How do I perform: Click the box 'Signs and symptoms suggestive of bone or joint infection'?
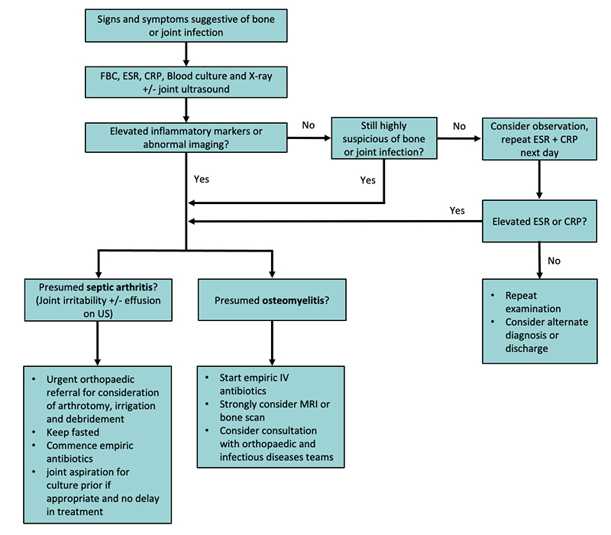(x=186, y=25)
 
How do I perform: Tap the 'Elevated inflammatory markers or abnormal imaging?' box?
(x=186, y=138)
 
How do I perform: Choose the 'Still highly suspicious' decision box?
(x=384, y=138)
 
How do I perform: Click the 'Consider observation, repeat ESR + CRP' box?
(x=539, y=138)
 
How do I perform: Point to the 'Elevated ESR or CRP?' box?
(x=539, y=222)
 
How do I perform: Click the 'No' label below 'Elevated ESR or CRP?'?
(x=554, y=261)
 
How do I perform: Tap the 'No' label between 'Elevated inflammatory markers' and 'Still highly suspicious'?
(x=309, y=123)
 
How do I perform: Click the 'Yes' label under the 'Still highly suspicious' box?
(x=367, y=180)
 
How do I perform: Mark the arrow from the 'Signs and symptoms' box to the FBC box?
(x=186, y=54)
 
